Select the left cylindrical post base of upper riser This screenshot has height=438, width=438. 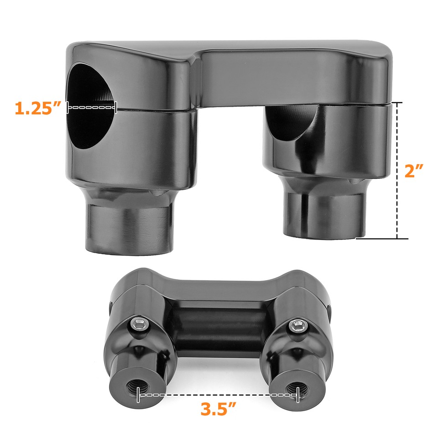coord(129,226)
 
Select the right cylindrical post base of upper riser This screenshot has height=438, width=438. coord(321,214)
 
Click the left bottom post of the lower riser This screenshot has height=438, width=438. coord(137,383)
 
